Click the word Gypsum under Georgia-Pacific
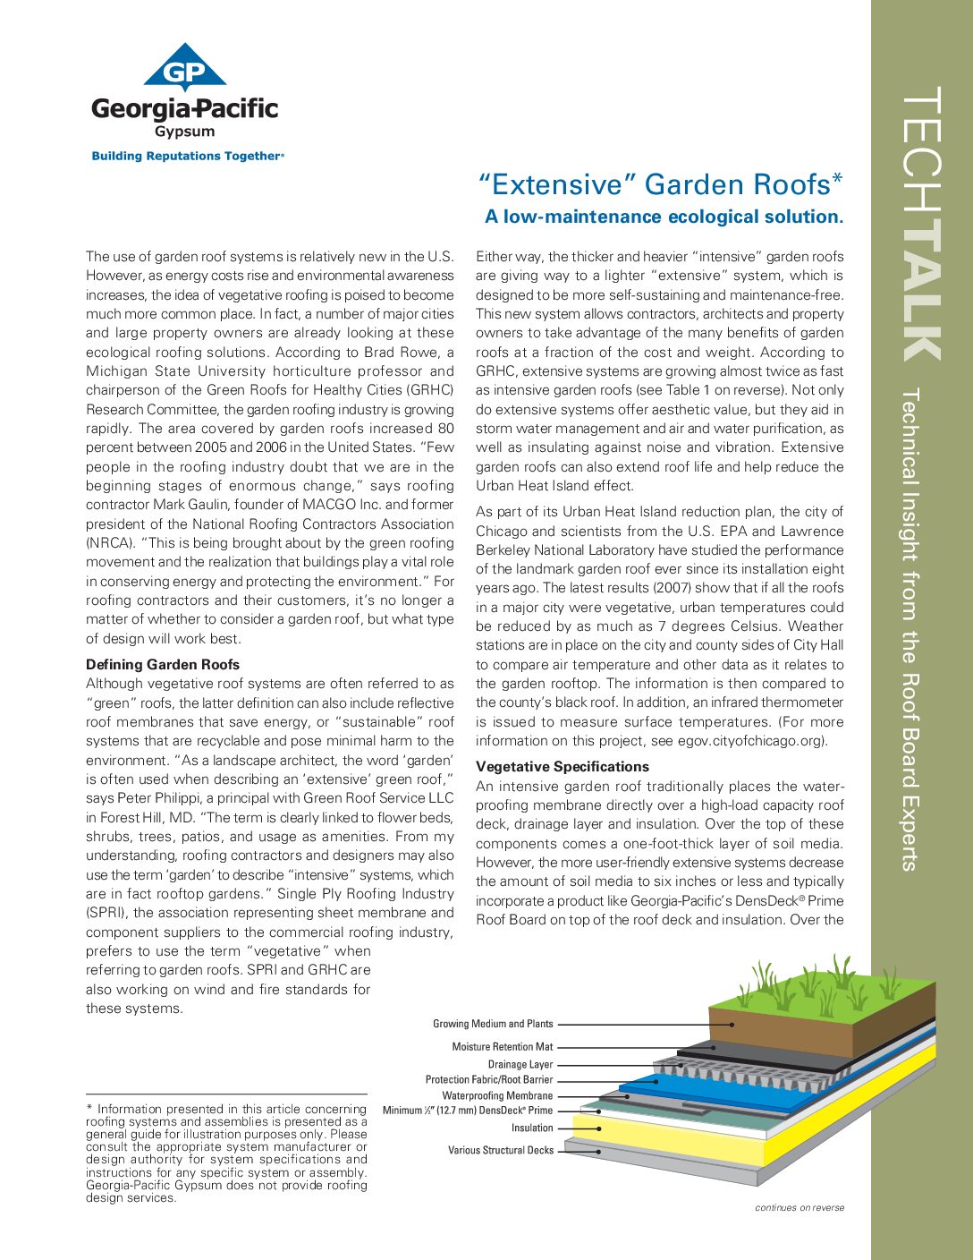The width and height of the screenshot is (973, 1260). point(185,132)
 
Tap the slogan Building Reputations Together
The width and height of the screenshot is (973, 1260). point(186,156)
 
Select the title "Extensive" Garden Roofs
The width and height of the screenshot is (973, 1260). point(661,184)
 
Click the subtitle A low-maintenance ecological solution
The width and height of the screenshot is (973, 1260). point(664,217)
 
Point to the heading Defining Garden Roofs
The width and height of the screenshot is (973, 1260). point(163,664)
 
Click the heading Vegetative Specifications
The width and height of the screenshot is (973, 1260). point(563,767)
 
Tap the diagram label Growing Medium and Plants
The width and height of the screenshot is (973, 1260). point(493,1024)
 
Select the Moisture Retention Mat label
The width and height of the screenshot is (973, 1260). point(502,1046)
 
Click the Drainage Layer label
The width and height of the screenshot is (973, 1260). point(520,1064)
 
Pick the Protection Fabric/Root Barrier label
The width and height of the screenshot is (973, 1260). point(488,1079)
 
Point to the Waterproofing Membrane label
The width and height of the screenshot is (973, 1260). point(497,1095)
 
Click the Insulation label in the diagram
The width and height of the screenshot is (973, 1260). point(532,1128)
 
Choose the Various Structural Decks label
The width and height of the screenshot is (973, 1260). point(501,1150)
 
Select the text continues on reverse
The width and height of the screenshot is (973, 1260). point(799,1207)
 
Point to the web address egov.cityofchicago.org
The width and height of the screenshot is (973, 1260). point(736,741)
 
